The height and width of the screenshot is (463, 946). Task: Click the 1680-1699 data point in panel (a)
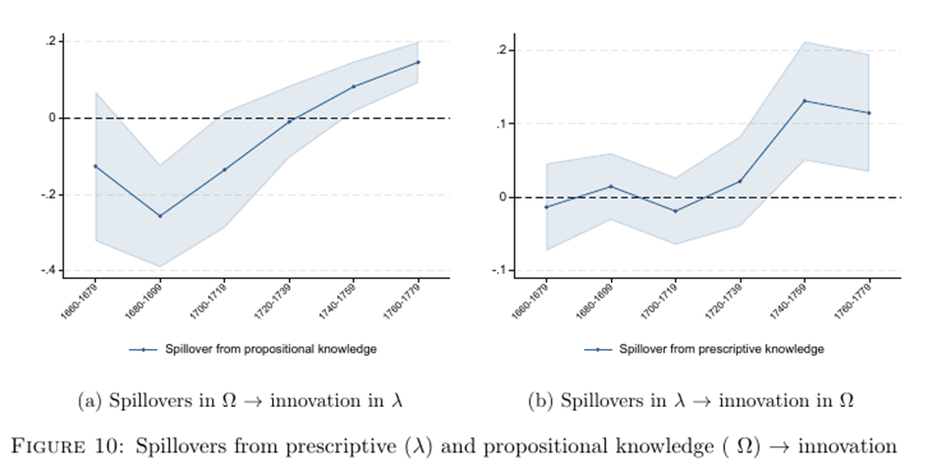coord(160,216)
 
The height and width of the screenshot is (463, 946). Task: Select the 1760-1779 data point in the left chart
coord(417,62)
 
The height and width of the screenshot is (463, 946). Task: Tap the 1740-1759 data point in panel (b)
coord(805,100)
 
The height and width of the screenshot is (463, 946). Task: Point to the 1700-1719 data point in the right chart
coord(676,211)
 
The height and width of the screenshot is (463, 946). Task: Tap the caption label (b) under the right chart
coord(539,400)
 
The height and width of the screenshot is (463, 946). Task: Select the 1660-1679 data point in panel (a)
coord(95,166)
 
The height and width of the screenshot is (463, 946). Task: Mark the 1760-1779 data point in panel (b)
coord(868,113)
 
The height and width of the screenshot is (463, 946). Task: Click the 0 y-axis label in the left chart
coord(52,118)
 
